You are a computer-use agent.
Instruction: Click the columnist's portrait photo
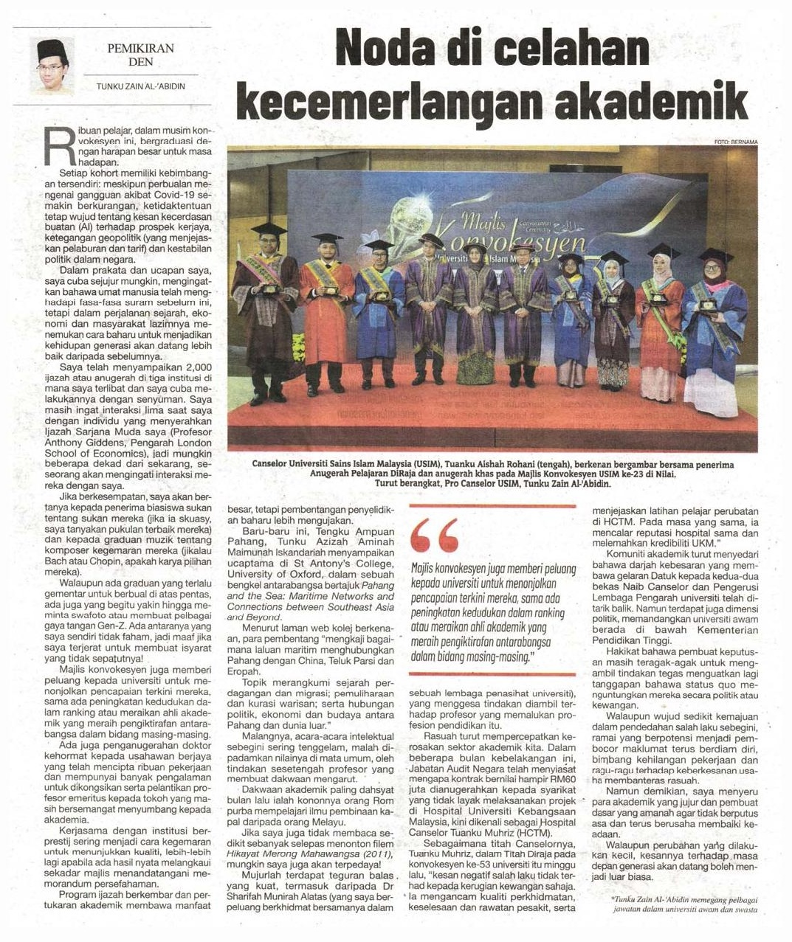(53, 66)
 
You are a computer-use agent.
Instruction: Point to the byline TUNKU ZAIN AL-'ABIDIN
(140, 86)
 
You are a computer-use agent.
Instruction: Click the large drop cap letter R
(58, 147)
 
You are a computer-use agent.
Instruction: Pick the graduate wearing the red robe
(326, 314)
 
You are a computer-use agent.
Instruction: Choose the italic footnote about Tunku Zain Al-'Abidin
(685, 904)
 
